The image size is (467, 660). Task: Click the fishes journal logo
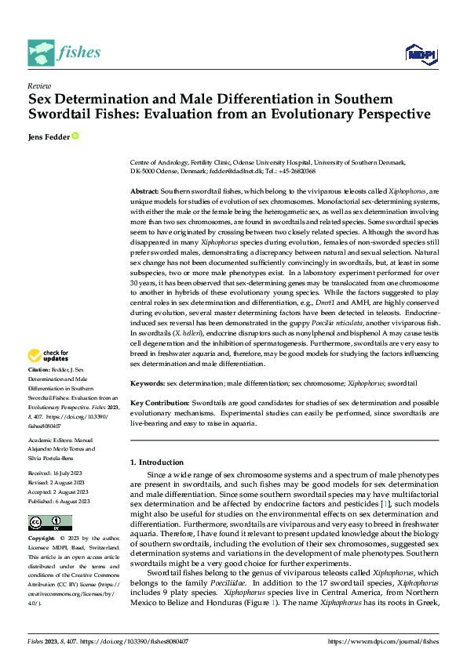(64, 53)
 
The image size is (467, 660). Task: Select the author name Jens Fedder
(49, 136)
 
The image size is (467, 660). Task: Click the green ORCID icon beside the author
(76, 136)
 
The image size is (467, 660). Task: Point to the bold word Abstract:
(144, 191)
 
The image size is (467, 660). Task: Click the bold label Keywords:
(147, 385)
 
